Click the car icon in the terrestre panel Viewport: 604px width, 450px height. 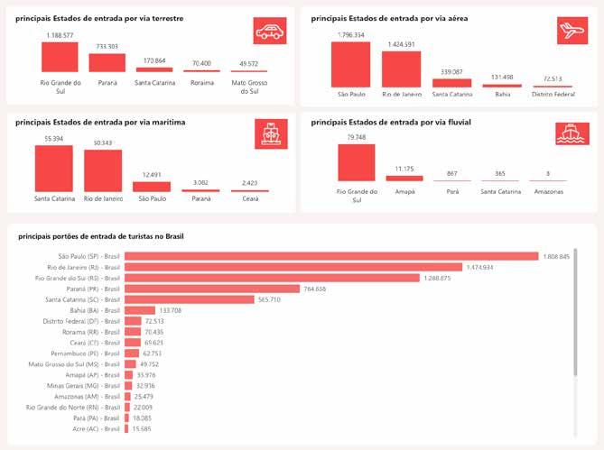[269, 32]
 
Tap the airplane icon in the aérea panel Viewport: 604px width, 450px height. [571, 32]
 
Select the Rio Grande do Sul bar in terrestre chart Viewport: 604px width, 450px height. [60, 57]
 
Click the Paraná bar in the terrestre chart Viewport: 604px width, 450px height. [107, 62]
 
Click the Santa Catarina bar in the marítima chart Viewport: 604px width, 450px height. [53, 168]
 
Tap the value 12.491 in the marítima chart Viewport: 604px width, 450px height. [152, 174]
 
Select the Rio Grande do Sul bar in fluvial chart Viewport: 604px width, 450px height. [356, 162]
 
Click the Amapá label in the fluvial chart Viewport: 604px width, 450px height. [404, 192]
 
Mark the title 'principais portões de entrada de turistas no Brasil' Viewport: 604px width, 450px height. [100, 236]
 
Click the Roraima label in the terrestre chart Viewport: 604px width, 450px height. [202, 82]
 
